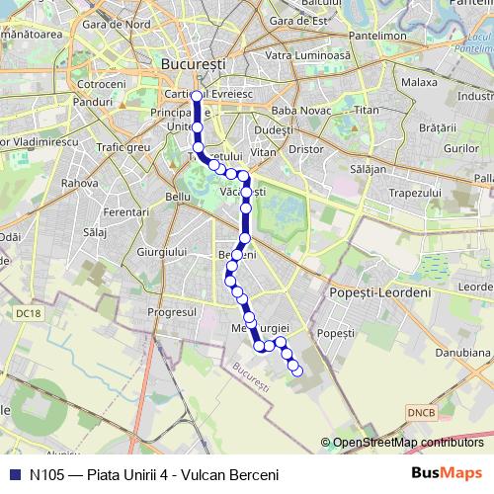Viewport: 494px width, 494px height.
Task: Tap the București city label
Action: tap(192, 63)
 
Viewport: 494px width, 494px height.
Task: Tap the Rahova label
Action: tap(80, 183)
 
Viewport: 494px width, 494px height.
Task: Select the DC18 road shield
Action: tap(30, 313)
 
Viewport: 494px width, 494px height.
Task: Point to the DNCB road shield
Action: tap(421, 410)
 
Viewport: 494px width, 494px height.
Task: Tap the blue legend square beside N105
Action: tap(13, 474)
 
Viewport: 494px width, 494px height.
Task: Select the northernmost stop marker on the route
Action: tap(197, 96)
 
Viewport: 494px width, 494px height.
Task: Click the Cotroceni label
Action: tap(95, 85)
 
